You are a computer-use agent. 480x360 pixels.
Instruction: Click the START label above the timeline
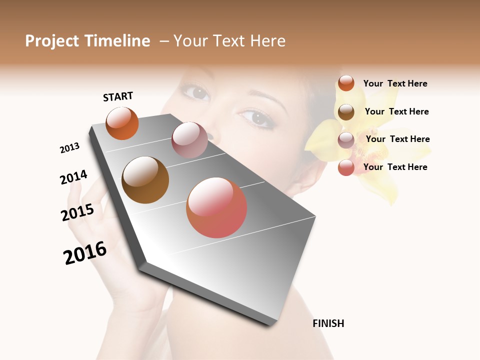118,96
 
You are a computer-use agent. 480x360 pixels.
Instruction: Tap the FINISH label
328,323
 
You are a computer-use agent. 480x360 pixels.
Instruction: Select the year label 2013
69,148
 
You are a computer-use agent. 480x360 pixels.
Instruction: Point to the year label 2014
73,177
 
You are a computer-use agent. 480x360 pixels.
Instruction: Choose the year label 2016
85,253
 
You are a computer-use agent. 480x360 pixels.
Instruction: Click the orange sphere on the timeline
122,123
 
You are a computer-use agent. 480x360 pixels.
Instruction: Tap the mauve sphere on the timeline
189,140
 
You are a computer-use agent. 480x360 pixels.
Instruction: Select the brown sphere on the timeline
145,180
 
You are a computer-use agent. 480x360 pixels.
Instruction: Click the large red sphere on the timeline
216,207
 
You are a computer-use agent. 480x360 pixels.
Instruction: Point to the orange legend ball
346,83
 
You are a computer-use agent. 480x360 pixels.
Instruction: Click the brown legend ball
346,112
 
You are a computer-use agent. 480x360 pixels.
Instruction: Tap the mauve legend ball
346,140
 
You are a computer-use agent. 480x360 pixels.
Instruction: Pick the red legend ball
346,167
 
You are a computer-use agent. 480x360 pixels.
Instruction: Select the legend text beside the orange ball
395,83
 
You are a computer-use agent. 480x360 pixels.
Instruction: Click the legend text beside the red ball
395,167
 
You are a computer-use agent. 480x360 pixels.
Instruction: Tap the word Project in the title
52,41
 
